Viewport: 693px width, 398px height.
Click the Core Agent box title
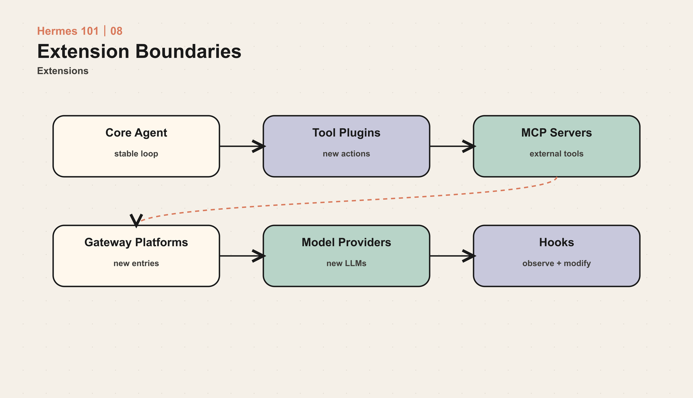pos(136,133)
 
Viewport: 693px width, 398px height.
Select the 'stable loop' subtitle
pos(136,154)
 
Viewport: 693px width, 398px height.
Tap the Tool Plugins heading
pos(346,133)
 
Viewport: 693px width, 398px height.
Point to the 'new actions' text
pos(346,154)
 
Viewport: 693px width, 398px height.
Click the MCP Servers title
pos(556,133)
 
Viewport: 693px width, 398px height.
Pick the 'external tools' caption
pos(556,154)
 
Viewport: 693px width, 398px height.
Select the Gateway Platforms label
pos(136,243)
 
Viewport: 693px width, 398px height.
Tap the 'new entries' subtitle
pos(136,263)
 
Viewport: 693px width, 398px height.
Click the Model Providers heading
pos(346,243)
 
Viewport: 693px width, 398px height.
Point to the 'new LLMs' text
pos(346,263)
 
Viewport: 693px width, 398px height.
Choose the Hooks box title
pos(556,243)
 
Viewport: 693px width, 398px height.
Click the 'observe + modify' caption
pos(556,263)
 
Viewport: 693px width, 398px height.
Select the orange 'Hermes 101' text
pos(68,31)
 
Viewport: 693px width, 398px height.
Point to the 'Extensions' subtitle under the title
pos(63,71)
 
